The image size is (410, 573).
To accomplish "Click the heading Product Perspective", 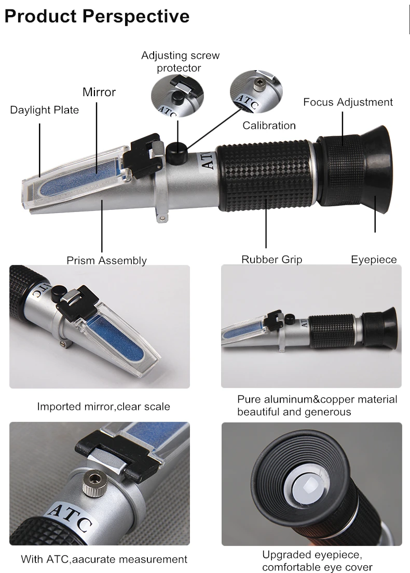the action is click(x=97, y=17).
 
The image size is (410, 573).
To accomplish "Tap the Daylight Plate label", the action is click(x=44, y=110).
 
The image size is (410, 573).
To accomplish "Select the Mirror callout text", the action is click(x=99, y=92).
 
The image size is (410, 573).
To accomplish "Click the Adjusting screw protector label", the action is click(x=181, y=61).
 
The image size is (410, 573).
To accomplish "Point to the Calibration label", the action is click(x=269, y=125).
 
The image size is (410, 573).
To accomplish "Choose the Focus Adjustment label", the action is click(x=348, y=102).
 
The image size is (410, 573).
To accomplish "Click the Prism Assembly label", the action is click(x=106, y=261).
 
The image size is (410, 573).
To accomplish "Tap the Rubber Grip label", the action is click(x=271, y=259).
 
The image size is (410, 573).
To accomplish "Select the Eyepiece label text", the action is click(x=374, y=259).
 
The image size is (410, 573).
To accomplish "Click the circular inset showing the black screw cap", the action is click(x=177, y=96).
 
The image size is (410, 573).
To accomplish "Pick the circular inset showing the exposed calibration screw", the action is click(x=256, y=92).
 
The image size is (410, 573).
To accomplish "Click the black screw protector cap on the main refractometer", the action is click(x=176, y=150).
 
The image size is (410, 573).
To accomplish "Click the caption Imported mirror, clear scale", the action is click(x=104, y=407).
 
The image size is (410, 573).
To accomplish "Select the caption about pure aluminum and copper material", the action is click(x=317, y=406).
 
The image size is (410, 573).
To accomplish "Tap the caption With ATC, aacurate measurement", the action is click(x=104, y=559).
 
